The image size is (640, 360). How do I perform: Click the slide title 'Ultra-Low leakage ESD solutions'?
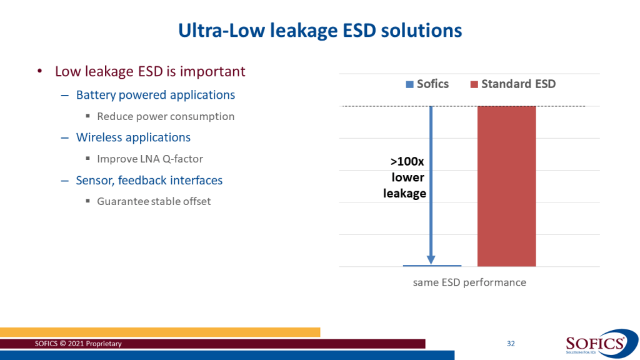(x=320, y=30)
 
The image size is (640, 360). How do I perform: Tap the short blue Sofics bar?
(x=431, y=266)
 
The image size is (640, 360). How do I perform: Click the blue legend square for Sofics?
(x=409, y=84)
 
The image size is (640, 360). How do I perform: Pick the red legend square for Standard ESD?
(x=474, y=84)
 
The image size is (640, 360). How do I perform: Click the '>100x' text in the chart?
(x=404, y=162)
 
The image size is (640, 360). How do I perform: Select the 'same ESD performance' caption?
(x=469, y=282)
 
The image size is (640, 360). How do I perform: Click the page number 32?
(x=511, y=344)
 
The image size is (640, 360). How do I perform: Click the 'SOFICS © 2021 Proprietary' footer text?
(x=78, y=344)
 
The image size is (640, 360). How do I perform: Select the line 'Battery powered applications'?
(x=156, y=95)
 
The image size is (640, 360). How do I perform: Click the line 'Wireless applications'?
(x=133, y=137)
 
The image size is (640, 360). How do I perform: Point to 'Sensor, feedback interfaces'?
(x=149, y=181)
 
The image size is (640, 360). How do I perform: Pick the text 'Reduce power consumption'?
(x=166, y=116)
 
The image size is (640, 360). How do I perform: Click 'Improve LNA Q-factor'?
(x=150, y=159)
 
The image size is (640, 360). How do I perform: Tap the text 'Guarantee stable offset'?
(x=154, y=201)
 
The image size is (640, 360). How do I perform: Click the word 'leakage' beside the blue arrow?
(x=404, y=194)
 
